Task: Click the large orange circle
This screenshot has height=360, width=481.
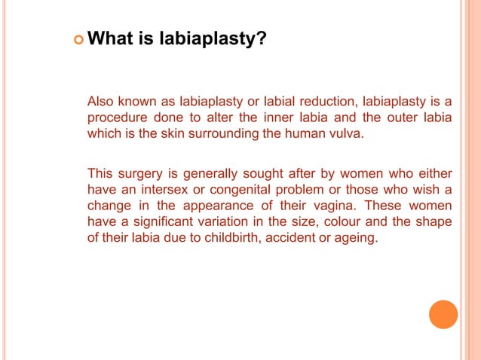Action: pos(443,314)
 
